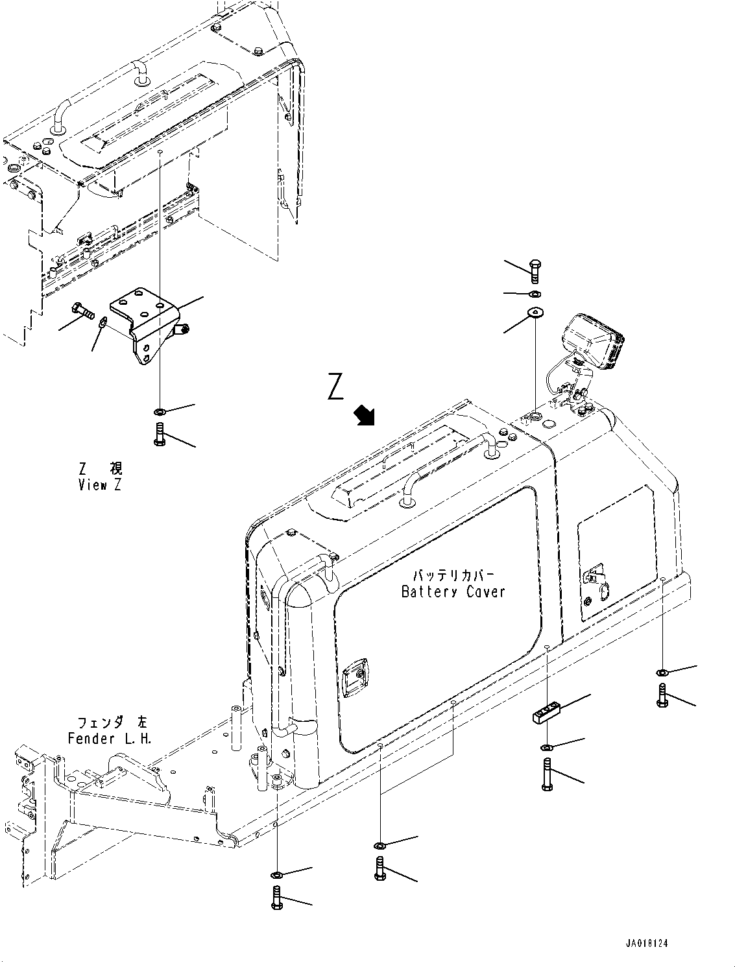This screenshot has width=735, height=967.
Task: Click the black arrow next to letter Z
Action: coord(365,415)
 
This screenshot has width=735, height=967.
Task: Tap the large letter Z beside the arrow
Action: coord(335,388)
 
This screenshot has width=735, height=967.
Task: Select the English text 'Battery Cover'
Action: coord(453,591)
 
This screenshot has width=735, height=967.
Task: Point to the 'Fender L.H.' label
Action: coord(110,739)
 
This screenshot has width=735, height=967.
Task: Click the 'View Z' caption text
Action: coord(99,485)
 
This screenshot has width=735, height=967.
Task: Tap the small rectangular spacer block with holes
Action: coord(546,714)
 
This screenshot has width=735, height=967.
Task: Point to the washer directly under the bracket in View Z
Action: coord(160,412)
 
